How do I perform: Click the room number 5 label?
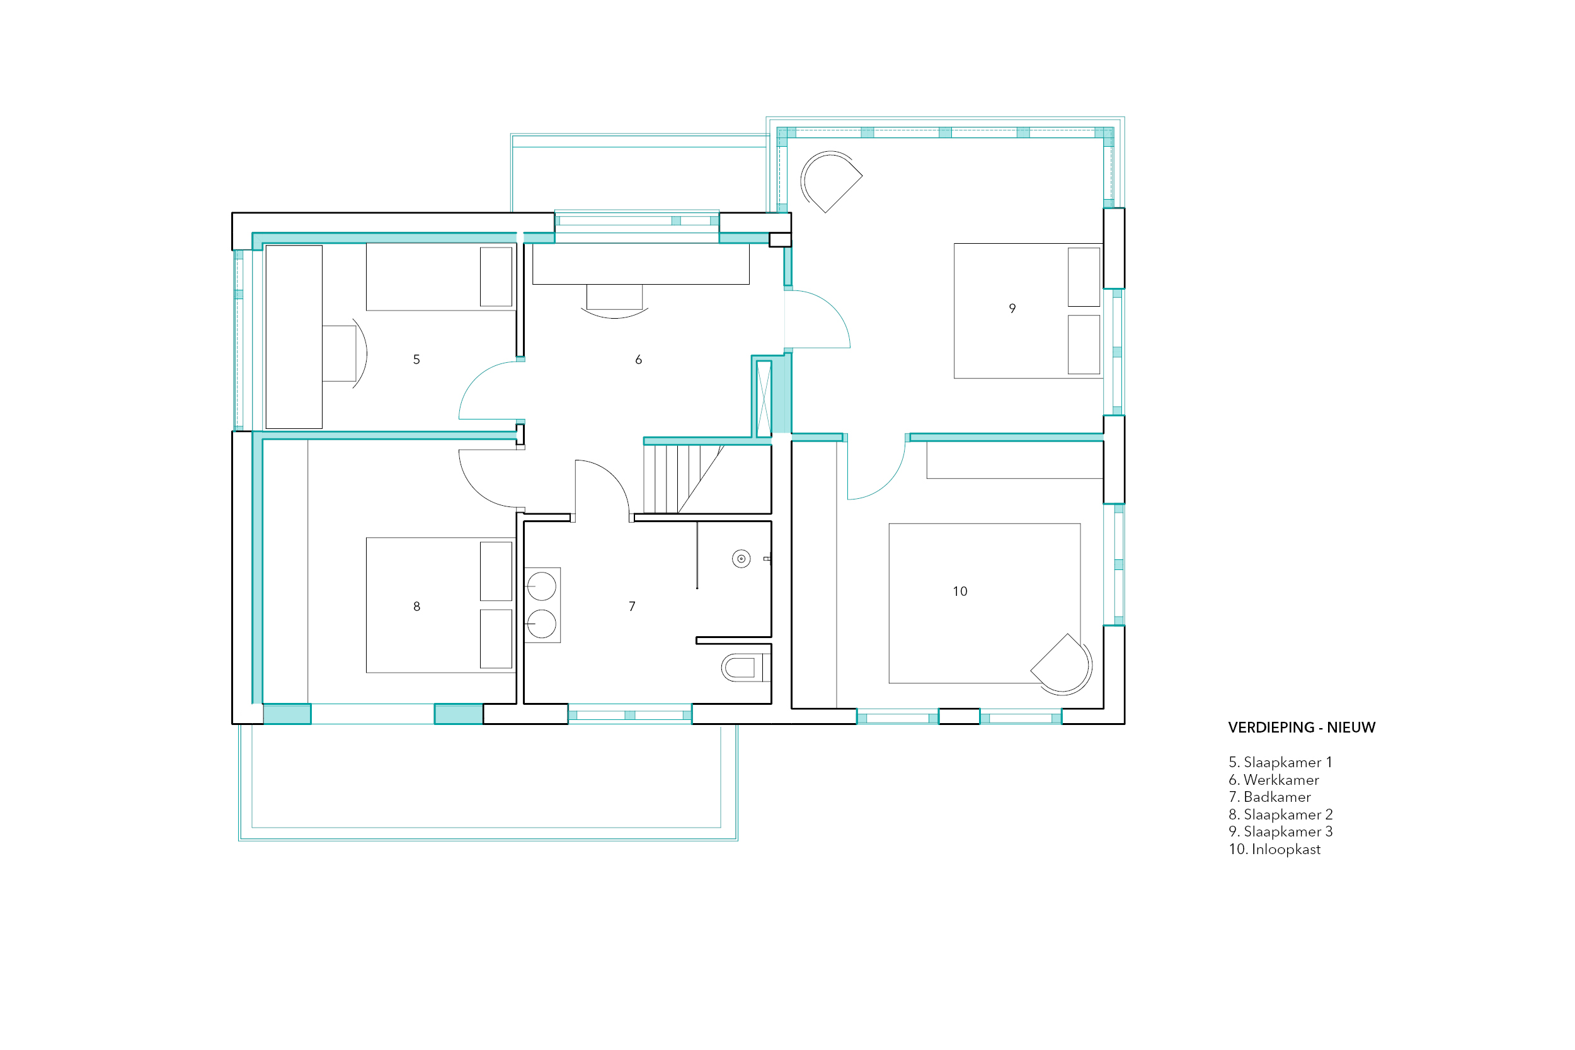416,360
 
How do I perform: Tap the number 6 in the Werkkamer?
638,360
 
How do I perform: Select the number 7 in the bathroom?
631,606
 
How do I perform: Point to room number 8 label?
416,606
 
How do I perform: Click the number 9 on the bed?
1012,308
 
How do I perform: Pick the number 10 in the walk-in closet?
959,591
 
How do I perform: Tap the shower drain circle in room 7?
741,559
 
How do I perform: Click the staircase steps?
682,479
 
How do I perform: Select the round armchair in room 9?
830,181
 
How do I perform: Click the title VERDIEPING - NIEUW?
1301,728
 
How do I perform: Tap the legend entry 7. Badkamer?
1269,797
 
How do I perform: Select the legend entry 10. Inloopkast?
1274,849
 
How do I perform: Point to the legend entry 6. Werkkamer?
1273,779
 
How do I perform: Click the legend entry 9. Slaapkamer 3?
1280,831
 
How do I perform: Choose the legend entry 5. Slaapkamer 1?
1280,762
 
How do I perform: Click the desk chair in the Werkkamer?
615,300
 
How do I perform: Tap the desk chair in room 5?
345,353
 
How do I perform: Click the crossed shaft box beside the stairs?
764,399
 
